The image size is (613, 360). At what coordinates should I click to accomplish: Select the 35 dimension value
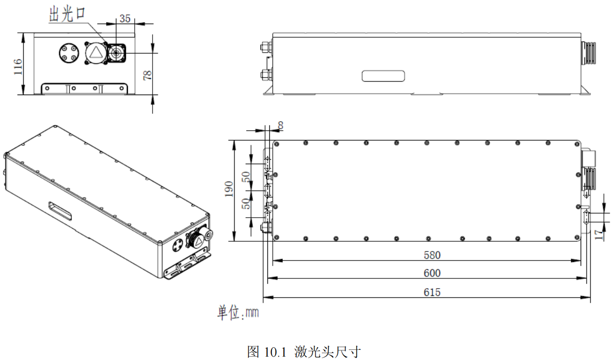tap(125, 19)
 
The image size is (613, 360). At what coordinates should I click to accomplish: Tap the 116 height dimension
tap(18, 66)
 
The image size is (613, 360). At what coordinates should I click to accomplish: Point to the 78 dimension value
tap(147, 74)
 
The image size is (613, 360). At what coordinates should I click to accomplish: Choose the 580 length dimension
tap(432, 255)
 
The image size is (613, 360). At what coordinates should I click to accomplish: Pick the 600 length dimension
tap(432, 273)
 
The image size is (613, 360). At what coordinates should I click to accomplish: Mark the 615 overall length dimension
tap(432, 292)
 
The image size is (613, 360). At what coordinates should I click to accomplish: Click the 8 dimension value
tap(280, 125)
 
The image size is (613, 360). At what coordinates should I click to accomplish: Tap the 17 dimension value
tap(599, 235)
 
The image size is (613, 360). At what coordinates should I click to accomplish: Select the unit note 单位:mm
tap(238, 313)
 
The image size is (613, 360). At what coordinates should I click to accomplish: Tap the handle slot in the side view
tap(384, 76)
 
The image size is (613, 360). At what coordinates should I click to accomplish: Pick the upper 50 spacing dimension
tap(246, 177)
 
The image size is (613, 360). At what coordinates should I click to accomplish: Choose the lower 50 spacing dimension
tap(246, 204)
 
